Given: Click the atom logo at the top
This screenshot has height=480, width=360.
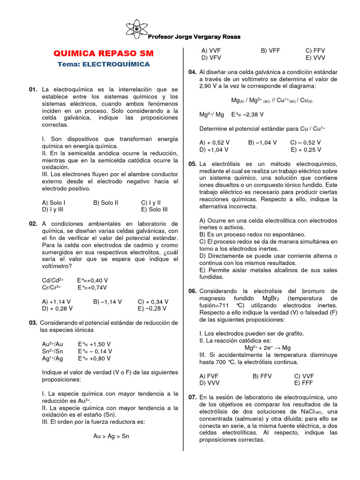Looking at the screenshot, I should (x=137, y=29).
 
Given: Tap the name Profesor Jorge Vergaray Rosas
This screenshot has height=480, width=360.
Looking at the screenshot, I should (x=194, y=37).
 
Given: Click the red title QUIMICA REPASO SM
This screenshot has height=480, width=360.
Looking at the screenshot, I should (x=104, y=53).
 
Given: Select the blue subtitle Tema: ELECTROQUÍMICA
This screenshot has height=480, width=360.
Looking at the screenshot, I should (x=104, y=64).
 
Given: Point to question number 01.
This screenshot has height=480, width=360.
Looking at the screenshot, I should (x=33, y=89).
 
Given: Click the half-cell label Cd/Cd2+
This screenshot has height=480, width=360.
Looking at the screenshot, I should (x=53, y=280).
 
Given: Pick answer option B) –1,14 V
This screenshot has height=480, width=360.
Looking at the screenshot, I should (x=107, y=301).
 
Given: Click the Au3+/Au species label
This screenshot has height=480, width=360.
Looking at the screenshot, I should (x=52, y=344).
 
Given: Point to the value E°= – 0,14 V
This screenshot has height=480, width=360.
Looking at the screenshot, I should (x=95, y=351).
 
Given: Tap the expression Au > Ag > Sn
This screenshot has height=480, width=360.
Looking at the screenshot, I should (x=111, y=436).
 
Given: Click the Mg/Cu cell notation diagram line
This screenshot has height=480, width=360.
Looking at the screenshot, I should (x=272, y=100).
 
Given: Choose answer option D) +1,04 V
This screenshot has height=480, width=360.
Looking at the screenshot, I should (x=214, y=150).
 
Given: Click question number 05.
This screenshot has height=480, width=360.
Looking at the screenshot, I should (x=193, y=164).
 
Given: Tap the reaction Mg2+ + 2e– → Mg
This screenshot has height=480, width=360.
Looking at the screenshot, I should (x=268, y=348).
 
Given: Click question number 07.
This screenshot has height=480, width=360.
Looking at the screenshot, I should (x=193, y=397).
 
